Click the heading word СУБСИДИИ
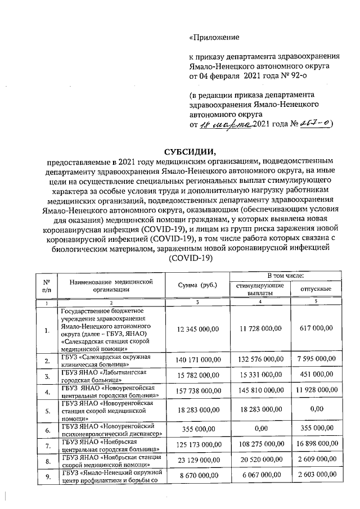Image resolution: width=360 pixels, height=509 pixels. tap(190, 152)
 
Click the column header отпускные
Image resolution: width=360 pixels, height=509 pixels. tap(315, 289)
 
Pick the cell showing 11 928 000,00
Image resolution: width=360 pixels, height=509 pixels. tap(315, 391)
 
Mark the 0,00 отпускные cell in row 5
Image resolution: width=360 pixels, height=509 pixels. tap(315, 412)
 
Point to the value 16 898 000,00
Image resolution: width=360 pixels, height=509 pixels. tap(315, 449)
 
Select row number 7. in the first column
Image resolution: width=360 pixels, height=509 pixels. tap(47, 449)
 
